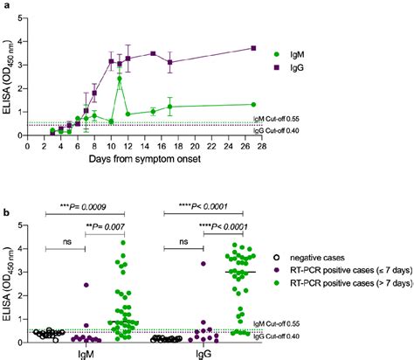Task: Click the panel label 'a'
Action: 6,7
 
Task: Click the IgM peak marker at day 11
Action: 119,79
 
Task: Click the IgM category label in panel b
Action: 85,354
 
